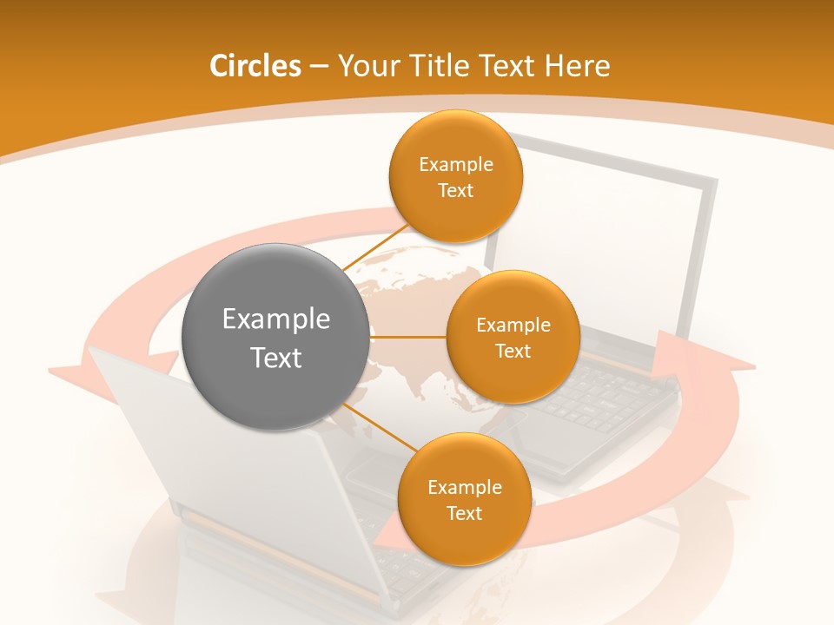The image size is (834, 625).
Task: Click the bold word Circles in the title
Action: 255,66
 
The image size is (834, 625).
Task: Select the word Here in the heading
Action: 578,66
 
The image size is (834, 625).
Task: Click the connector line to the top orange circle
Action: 376,249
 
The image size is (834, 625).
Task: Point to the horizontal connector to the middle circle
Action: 408,337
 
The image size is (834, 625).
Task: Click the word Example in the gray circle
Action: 276,319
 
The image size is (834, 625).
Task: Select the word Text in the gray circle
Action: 276,358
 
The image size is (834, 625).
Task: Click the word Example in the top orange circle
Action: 456,164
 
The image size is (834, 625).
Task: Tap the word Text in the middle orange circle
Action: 513,351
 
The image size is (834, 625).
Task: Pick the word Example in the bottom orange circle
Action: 465,487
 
